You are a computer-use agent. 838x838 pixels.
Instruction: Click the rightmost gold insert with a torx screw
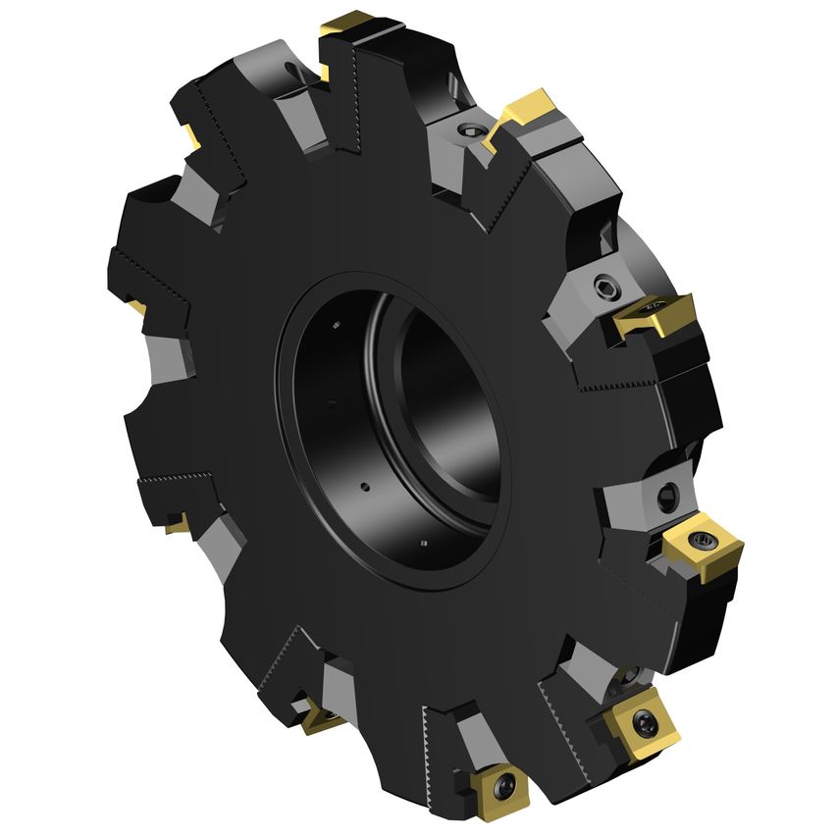(x=701, y=543)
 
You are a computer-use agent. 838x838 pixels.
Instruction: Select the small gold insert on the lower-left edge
(x=178, y=522)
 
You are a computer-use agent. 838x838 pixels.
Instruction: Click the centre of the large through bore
(x=412, y=432)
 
